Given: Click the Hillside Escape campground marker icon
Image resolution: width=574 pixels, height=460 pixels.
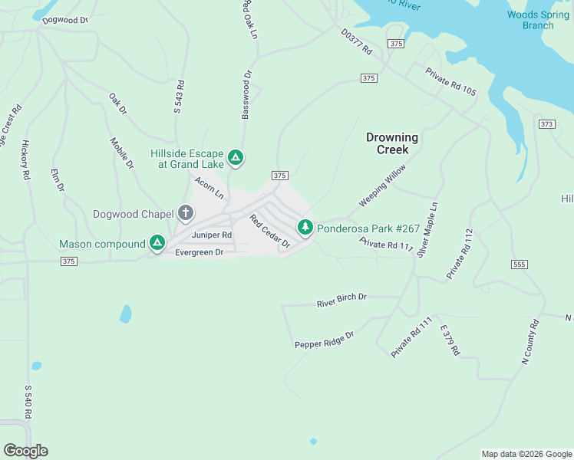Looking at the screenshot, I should coord(236,159).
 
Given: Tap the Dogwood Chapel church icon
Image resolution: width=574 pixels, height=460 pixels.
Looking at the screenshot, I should coord(185,213).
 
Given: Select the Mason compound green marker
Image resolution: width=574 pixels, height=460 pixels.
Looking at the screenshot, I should coord(157,243).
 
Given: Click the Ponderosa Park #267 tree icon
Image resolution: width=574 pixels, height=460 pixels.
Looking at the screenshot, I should coord(305,227).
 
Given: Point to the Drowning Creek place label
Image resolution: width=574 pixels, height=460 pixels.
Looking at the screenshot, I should coord(392,143).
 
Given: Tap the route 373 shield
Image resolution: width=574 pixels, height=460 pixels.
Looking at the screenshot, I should coord(546,123).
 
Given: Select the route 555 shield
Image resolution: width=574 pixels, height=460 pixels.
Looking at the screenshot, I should coord(518,264).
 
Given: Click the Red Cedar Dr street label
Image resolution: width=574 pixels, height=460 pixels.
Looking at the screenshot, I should coord(269,231).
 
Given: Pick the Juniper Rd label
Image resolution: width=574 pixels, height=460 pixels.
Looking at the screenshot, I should coord(212,235).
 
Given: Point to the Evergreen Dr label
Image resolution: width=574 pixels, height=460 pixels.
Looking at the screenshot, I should coord(199,252).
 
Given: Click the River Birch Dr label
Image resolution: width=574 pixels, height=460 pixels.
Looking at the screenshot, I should coord(342,301).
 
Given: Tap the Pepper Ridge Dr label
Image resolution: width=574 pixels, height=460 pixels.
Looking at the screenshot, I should coord(325,340).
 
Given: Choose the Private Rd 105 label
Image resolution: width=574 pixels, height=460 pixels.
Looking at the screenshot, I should coord(451,81).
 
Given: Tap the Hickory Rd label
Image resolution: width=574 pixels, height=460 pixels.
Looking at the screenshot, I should coord(25,159).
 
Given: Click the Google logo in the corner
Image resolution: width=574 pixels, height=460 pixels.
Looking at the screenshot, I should coord(25,451).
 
